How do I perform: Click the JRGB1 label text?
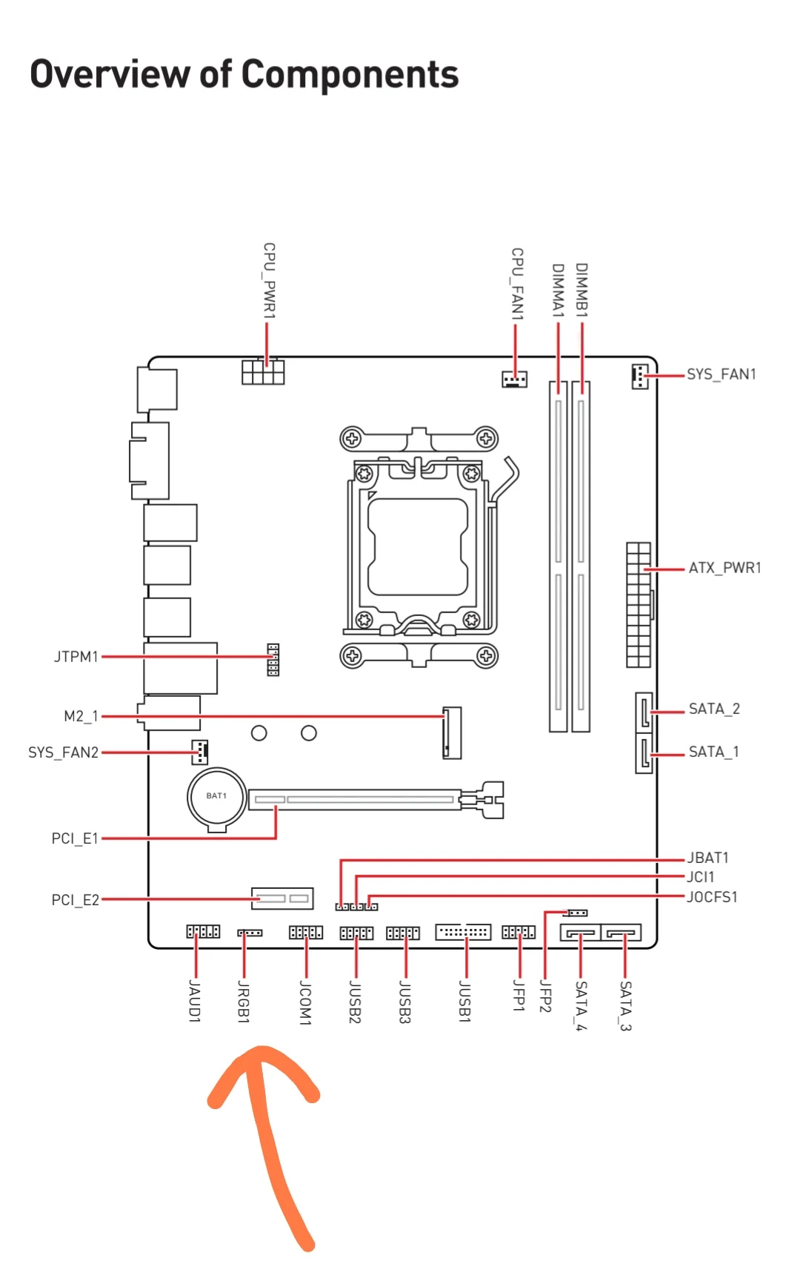pos(244,1001)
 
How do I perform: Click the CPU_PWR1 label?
pos(270,281)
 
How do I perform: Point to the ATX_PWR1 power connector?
pos(639,604)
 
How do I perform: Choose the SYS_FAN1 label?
pos(721,374)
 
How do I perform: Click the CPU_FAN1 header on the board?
pos(515,380)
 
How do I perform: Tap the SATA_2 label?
pos(714,709)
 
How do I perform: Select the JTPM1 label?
pos(76,657)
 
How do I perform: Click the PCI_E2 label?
pos(75,900)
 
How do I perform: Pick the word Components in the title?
pos(350,75)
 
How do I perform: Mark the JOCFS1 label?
pos(712,897)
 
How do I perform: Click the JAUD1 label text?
pos(195,1001)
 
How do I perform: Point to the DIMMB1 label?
pos(581,290)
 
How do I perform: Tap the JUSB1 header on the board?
pos(464,932)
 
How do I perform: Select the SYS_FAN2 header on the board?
pos(200,752)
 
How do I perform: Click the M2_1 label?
pos(81,716)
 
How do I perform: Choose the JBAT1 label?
pos(708,858)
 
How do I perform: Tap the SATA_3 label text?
pos(625,1005)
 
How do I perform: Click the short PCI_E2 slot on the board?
pos(282,899)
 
